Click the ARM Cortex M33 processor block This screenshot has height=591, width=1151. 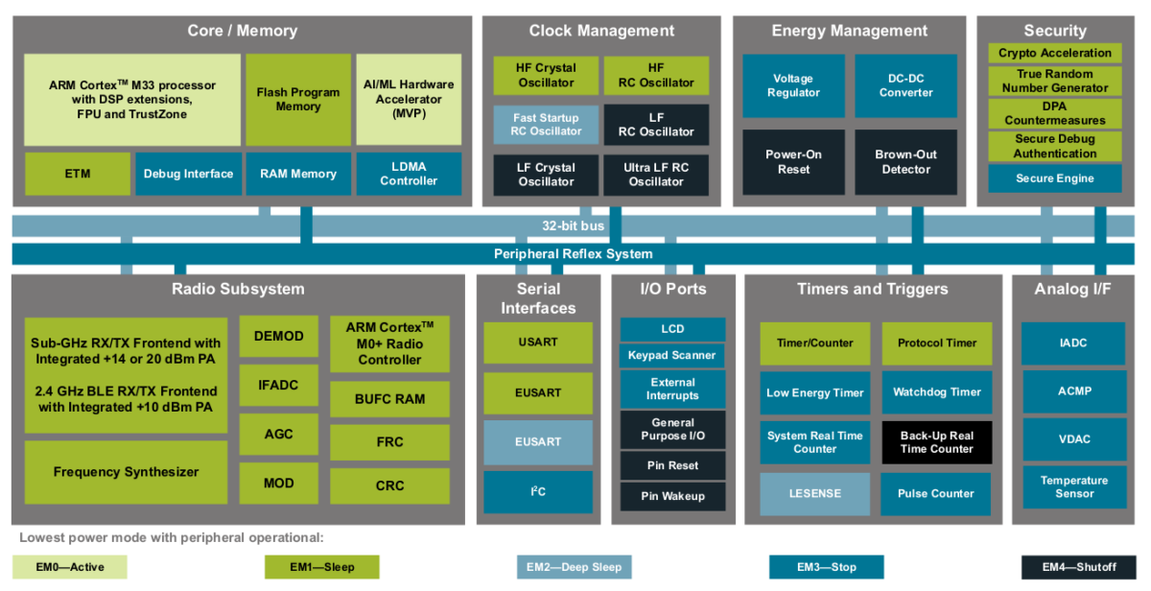(x=132, y=99)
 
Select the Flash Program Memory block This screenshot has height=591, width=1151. (x=298, y=99)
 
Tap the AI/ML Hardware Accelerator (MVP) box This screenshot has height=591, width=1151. (x=409, y=99)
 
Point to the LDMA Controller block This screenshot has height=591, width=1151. (x=409, y=174)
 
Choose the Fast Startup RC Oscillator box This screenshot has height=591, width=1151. (x=546, y=125)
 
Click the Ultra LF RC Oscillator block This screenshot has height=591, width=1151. (x=656, y=175)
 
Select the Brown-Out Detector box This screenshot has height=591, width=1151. (x=905, y=161)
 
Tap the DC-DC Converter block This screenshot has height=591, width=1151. (x=905, y=85)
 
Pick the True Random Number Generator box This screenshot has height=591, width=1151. (x=1054, y=81)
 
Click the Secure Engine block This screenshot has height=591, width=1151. (x=1054, y=178)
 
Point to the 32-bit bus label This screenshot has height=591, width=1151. (x=573, y=225)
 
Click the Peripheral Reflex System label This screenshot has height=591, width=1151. (x=573, y=254)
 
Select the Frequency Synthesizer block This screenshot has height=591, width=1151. (x=126, y=472)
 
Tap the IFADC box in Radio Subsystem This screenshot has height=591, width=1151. (x=278, y=385)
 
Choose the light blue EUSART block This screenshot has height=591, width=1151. (x=538, y=441)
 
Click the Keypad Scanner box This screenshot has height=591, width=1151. (x=671, y=355)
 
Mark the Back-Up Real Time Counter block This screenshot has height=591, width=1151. (x=936, y=442)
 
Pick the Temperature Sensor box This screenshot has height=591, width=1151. (x=1074, y=486)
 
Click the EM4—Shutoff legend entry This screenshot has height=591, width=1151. (x=1079, y=567)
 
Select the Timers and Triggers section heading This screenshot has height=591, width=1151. (x=872, y=289)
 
